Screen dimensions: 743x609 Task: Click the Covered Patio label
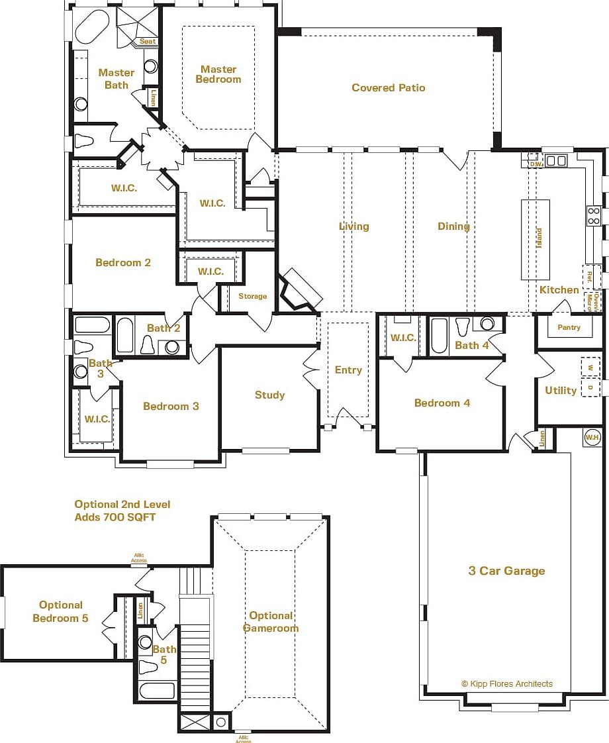pos(388,88)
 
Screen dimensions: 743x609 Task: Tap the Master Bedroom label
pos(218,74)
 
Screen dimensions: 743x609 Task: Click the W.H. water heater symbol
pos(592,437)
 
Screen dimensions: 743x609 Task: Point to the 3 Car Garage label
pos(506,571)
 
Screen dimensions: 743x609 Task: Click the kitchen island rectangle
pos(536,239)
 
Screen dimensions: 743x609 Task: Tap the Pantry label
pos(569,327)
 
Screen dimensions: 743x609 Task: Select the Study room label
pos(269,395)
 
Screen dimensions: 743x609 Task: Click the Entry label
pos(348,370)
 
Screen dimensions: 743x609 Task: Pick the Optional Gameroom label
pos(271,622)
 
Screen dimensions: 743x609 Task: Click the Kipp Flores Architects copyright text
pos(506,684)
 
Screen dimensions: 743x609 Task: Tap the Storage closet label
pos(253,296)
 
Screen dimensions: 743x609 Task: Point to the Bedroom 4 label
pos(442,403)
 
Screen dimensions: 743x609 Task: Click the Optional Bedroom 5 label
pos(61,611)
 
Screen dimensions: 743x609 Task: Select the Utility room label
pos(561,391)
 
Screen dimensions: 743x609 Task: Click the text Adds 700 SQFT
pos(115,517)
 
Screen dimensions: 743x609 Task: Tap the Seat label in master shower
pos(148,42)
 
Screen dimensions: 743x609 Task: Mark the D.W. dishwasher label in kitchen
pos(536,163)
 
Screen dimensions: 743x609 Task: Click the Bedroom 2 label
pos(123,263)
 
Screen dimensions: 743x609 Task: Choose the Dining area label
pos(453,226)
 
